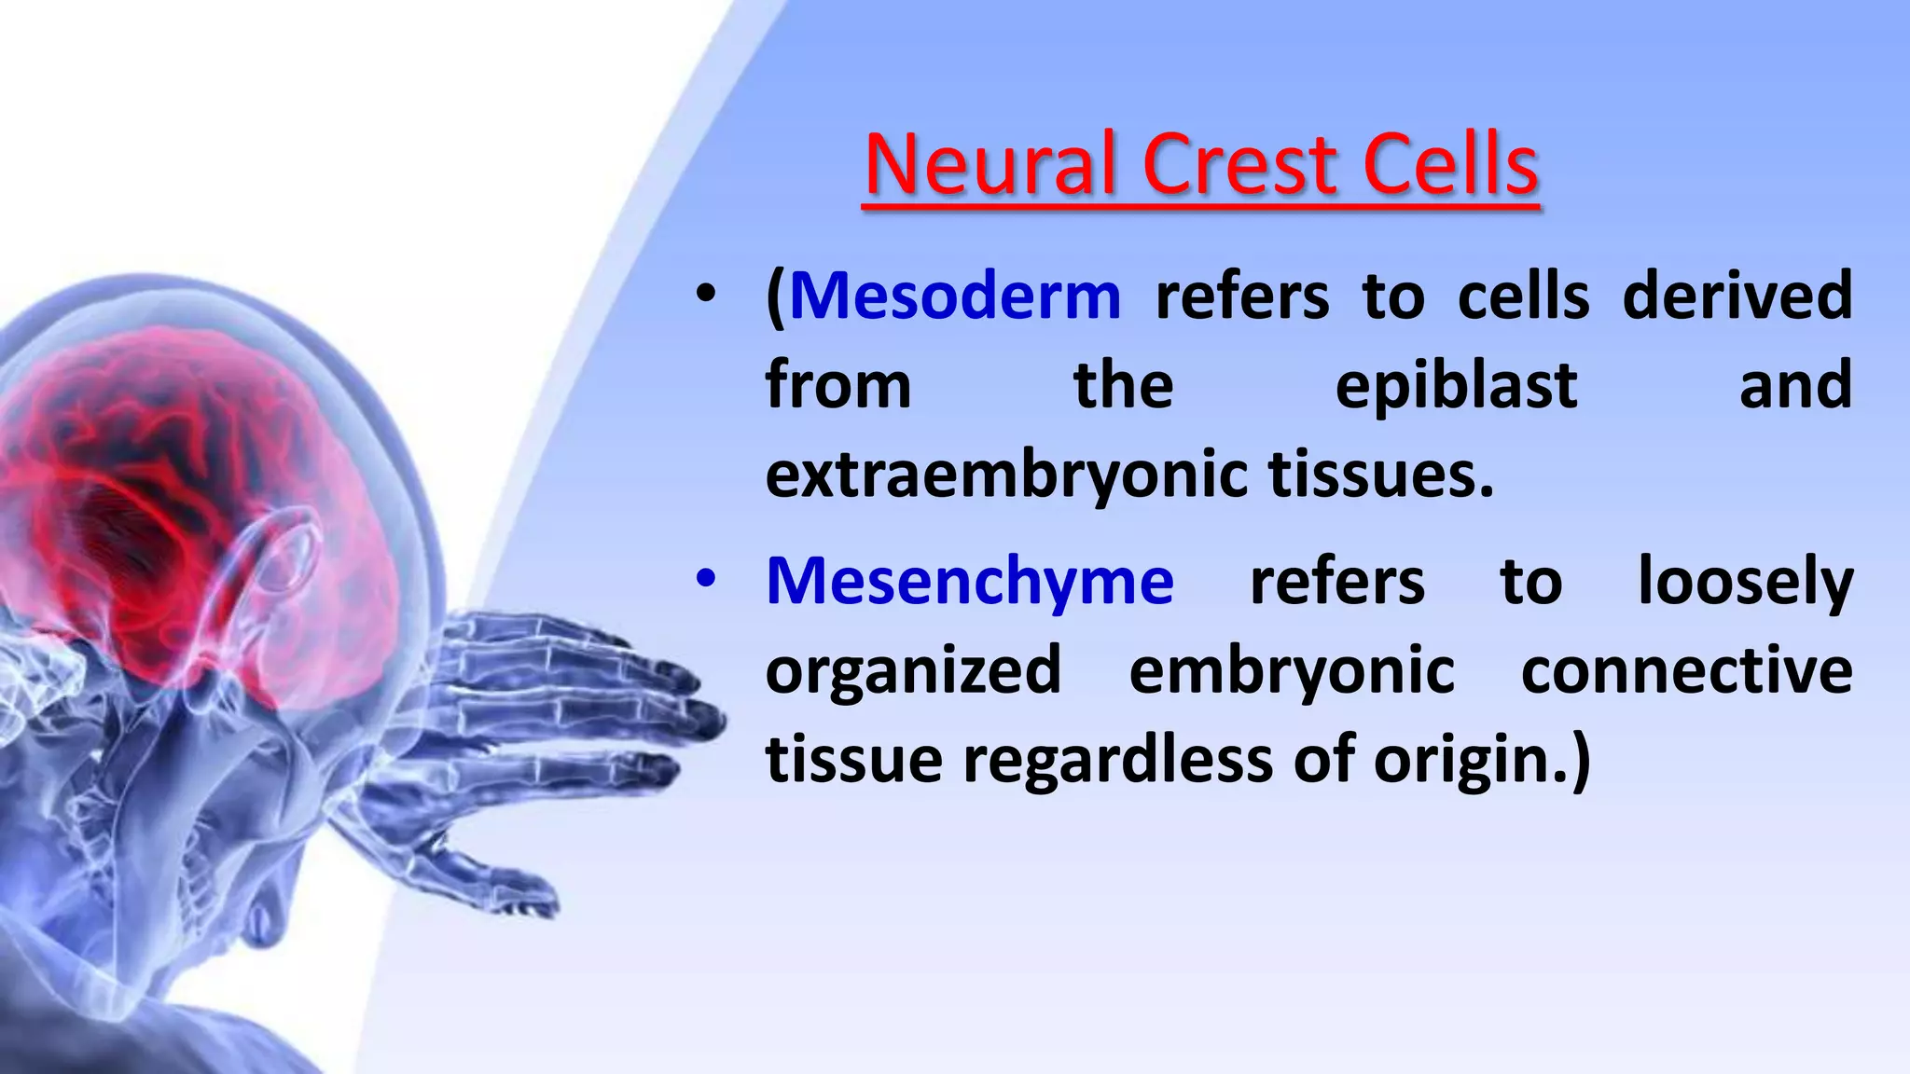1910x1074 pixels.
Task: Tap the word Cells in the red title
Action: click(1450, 165)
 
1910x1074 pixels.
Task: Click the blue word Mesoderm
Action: click(955, 296)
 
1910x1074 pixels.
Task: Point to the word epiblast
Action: click(1456, 385)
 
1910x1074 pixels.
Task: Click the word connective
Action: click(1686, 670)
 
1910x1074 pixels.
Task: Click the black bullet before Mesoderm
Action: click(706, 296)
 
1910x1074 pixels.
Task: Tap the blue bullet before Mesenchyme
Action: click(706, 580)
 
